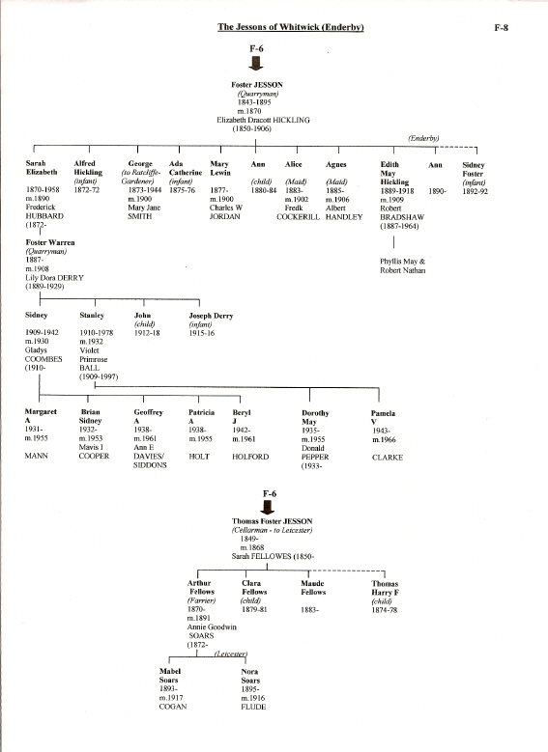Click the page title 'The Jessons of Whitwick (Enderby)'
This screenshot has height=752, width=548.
tap(290, 27)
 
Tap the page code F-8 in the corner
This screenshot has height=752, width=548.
tap(501, 28)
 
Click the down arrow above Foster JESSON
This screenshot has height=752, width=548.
tap(256, 64)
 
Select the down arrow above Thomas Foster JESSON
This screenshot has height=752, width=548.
tap(268, 508)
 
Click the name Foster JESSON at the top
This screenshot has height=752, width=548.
tap(257, 85)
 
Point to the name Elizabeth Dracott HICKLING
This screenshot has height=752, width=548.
tap(263, 120)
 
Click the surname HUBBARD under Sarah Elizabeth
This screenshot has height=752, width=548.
tap(44, 216)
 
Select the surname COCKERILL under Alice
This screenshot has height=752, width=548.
tap(298, 217)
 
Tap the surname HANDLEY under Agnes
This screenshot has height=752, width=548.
tap(344, 217)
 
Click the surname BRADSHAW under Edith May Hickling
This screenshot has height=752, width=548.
tap(402, 217)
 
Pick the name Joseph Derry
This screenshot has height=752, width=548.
tap(211, 316)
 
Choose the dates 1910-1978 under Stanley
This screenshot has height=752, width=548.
tap(97, 333)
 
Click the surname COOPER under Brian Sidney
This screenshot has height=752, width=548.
tap(94, 456)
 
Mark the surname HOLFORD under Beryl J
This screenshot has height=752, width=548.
tap(250, 457)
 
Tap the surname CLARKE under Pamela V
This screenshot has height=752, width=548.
tap(388, 458)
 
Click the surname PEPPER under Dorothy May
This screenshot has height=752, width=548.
tap(315, 457)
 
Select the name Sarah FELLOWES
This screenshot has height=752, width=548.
tap(262, 556)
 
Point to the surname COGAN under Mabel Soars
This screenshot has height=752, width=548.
tap(173, 707)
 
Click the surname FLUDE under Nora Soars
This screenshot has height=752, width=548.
tap(253, 707)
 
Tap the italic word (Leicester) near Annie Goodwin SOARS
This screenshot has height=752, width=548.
tap(231, 654)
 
